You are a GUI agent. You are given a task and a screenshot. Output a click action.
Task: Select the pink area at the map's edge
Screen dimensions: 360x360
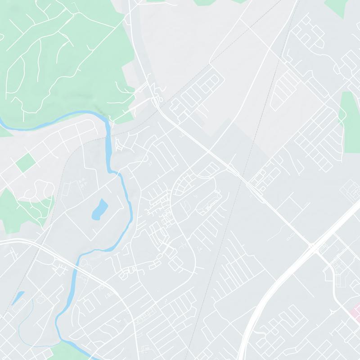click(x=355, y=310)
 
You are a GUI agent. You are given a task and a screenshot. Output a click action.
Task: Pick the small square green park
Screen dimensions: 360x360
click(x=26, y=162)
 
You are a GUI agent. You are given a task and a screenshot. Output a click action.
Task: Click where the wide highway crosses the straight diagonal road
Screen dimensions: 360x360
click(x=312, y=247)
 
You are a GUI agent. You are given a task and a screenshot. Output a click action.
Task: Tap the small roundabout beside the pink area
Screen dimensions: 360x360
click(x=333, y=311)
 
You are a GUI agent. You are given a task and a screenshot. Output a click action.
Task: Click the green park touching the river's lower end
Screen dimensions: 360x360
click(x=67, y=351)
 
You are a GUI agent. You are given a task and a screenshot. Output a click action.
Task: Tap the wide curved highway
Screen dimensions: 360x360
click(x=270, y=288)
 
